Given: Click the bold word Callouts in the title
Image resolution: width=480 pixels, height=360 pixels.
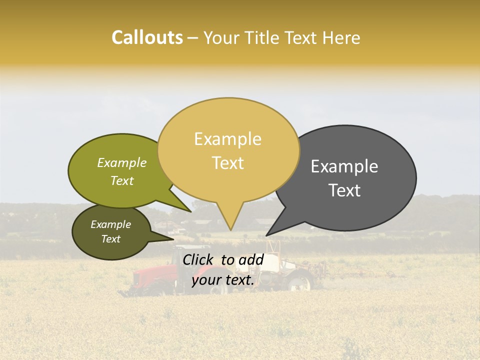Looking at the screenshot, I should tap(147, 37).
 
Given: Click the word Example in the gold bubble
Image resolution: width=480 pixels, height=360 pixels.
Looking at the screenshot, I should tap(227, 139).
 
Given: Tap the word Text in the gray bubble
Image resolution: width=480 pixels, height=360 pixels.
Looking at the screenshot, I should tap(344, 190).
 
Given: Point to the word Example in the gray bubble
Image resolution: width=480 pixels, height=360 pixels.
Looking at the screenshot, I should tap(344, 166).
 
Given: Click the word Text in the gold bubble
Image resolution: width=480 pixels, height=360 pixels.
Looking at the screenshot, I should tap(228, 163).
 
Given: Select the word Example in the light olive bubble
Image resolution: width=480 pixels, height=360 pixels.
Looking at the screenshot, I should tap(121, 163).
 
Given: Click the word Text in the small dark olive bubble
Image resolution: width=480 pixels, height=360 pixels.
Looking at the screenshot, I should tap(110, 239).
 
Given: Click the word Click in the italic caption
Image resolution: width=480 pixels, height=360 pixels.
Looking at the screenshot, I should tap(198, 259).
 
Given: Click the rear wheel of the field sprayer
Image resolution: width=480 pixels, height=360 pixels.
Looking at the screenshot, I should tap(299, 282).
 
